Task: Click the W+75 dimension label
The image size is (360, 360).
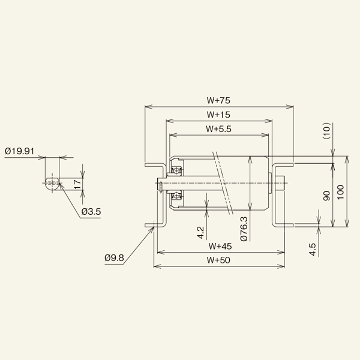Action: tap(219, 101)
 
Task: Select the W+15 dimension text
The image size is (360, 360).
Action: tap(219, 115)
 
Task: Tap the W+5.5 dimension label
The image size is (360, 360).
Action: tap(219, 128)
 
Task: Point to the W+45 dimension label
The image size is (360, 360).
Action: tap(220, 246)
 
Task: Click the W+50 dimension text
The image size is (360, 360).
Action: tap(220, 260)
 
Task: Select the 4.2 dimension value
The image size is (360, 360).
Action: tap(200, 232)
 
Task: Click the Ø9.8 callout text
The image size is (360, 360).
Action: tap(113, 258)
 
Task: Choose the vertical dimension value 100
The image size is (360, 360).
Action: tap(341, 192)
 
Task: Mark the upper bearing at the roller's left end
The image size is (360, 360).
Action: tap(176, 166)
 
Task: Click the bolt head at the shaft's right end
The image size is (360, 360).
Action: tap(279, 182)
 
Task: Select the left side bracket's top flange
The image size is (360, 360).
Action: tap(155, 163)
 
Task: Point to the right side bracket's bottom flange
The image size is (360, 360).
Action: tap(283, 225)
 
